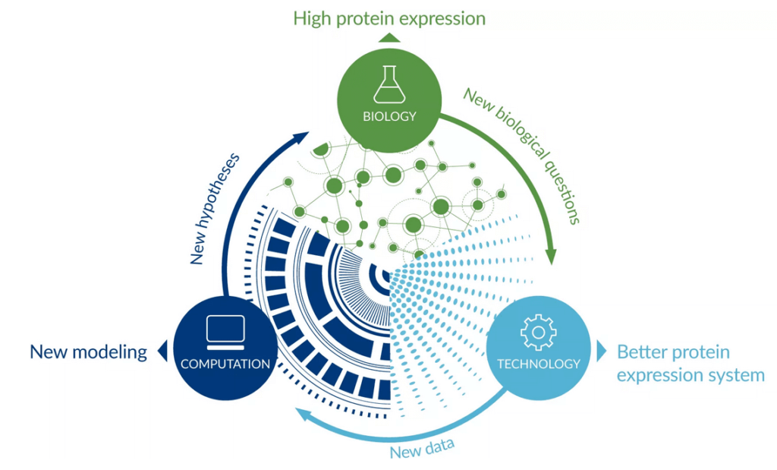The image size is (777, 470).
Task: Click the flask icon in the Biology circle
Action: [389, 84]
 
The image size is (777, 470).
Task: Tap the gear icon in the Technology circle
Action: [539, 333]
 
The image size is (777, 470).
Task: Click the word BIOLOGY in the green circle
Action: [389, 116]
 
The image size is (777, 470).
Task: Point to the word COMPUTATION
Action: [225, 364]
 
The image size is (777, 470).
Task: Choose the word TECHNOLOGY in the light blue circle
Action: [539, 364]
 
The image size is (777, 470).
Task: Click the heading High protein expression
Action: [389, 19]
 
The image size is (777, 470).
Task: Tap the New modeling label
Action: [89, 352]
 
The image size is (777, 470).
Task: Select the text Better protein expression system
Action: [690, 364]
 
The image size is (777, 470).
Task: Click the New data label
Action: [422, 448]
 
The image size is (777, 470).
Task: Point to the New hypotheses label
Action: [214, 208]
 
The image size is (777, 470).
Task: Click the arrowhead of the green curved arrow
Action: [551, 255]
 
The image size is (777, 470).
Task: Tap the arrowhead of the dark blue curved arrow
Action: [300, 137]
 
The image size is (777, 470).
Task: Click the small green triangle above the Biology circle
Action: [389, 38]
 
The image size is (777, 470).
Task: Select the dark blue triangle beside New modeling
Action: [162, 351]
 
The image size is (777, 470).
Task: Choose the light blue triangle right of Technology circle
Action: [602, 351]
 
